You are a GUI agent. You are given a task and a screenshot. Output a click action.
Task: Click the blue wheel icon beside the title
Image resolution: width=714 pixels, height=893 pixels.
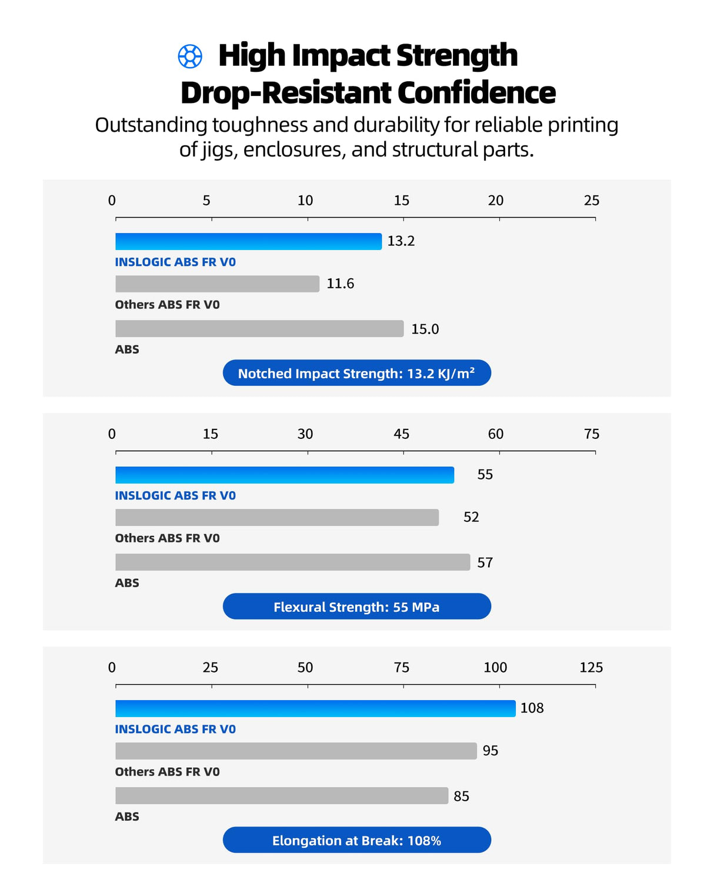tap(190, 56)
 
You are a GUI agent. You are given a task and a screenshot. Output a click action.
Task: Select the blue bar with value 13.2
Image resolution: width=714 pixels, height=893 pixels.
tap(248, 242)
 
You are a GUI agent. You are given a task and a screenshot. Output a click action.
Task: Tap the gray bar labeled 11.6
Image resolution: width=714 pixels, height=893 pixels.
tap(217, 284)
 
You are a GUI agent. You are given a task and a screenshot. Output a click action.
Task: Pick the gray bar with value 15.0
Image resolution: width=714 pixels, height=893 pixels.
tap(259, 329)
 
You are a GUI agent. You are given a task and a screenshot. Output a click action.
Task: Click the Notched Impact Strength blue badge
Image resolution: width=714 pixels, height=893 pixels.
tap(356, 373)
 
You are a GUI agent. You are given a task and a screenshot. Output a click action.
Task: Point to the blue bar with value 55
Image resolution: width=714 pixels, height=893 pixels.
tap(285, 475)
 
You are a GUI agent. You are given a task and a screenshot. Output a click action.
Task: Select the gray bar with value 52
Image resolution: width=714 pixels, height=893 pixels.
tap(277, 518)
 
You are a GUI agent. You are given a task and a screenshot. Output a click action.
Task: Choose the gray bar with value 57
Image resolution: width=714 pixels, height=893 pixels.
tap(292, 562)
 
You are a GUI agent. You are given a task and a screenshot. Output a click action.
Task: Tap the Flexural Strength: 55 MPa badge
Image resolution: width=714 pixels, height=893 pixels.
tap(356, 607)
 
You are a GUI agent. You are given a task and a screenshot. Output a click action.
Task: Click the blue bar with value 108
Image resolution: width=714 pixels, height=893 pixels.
tap(315, 709)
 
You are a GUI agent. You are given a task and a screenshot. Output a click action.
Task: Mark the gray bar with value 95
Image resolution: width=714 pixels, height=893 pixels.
tap(296, 751)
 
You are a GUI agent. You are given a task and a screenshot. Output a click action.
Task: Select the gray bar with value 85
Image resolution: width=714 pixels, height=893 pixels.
tap(282, 796)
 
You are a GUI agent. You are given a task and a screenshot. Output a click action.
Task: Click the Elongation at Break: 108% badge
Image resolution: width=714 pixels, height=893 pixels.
tap(356, 840)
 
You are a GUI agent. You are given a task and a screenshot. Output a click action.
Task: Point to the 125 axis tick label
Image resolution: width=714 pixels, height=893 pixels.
tap(591, 668)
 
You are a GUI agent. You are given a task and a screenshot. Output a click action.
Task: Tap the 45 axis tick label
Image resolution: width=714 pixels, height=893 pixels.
tap(401, 434)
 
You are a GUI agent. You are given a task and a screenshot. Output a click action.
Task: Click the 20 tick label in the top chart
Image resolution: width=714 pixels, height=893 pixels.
tap(496, 201)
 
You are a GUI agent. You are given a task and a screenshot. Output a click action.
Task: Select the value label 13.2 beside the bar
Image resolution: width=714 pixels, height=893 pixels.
tap(401, 241)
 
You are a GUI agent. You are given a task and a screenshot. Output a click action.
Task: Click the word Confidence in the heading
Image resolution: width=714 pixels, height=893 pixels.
tap(476, 93)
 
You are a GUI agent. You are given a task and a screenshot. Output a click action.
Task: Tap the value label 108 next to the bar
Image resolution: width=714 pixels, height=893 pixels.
tap(532, 708)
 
